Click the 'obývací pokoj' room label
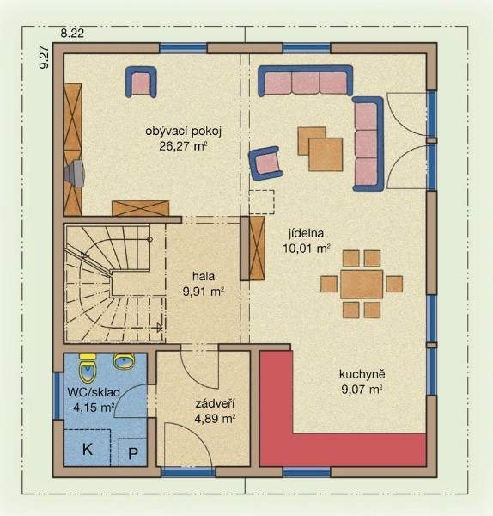click(x=184, y=132)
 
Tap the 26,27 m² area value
click(x=184, y=146)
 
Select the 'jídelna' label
click(x=306, y=233)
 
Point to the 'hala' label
click(x=204, y=276)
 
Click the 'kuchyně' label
click(x=362, y=374)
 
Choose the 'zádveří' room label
click(x=215, y=404)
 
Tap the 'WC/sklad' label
click(x=94, y=393)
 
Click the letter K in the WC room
click(x=87, y=449)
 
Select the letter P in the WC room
click(x=133, y=453)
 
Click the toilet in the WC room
click(x=88, y=367)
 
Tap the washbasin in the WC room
click(x=125, y=360)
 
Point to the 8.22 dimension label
click(x=72, y=34)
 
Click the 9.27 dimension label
click(x=44, y=58)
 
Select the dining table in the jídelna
click(x=362, y=284)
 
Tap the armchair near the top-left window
click(x=141, y=82)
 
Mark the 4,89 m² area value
click(x=215, y=419)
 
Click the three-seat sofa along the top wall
click(x=305, y=81)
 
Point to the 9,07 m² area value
click(x=362, y=390)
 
